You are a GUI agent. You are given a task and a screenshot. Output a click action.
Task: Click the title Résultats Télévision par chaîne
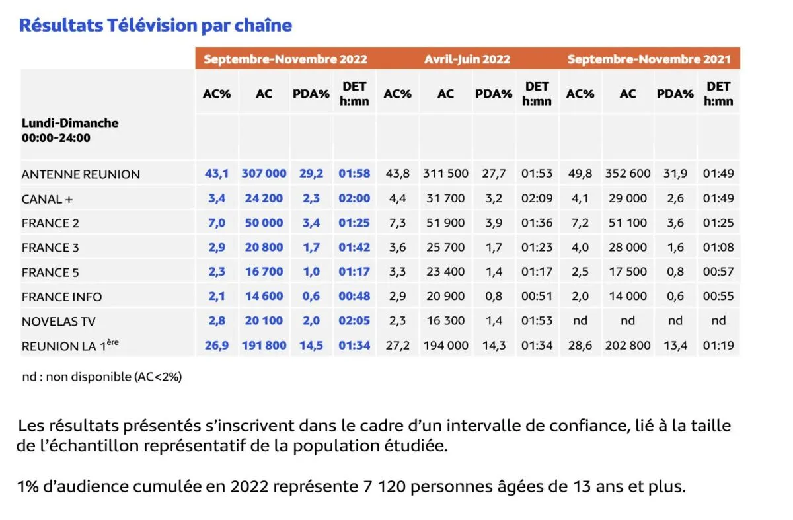155,25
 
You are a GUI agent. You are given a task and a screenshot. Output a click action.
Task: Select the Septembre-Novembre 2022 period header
285,59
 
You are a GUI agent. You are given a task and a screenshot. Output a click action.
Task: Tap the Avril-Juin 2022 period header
467,59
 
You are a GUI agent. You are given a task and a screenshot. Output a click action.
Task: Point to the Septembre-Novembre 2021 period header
649,59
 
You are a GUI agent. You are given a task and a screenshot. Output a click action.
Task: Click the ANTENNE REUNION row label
81,174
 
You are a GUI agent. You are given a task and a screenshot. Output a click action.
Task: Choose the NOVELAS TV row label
59,321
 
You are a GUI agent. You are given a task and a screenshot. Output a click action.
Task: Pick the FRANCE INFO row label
61,297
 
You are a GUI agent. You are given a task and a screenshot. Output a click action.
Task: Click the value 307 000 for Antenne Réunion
264,174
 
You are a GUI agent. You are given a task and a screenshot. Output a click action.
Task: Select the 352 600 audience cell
628,174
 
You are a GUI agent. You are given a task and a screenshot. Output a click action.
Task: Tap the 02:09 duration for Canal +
537,198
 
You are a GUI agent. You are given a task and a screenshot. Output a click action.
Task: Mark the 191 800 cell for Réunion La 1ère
264,345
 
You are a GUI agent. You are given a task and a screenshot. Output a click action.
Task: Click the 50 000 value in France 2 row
264,223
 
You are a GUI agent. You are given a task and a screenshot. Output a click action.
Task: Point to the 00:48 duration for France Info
354,297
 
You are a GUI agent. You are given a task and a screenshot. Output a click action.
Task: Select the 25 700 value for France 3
445,247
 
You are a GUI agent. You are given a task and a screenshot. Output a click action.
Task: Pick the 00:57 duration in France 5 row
718,272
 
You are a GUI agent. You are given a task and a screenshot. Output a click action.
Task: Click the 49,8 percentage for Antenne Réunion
580,174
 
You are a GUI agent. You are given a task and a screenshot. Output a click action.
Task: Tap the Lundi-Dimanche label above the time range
70,123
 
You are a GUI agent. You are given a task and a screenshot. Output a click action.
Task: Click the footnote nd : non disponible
102,377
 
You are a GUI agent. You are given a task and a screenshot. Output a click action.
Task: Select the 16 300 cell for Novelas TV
445,320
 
